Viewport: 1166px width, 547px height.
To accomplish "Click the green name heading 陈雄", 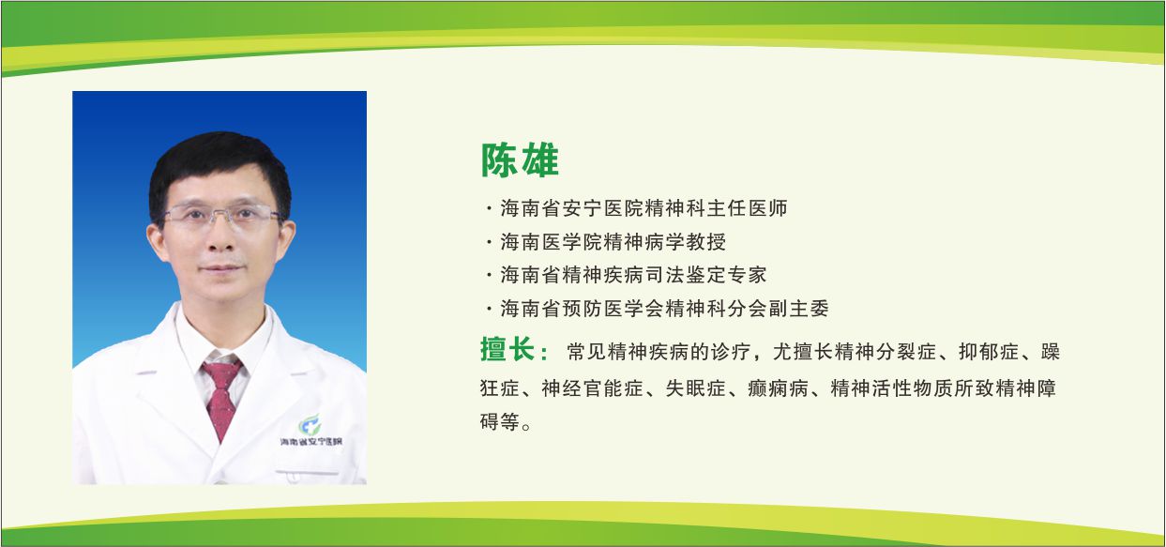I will [x=520, y=160].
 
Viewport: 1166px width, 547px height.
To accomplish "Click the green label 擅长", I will [x=514, y=352].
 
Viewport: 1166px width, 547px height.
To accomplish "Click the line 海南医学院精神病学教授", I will [x=613, y=242].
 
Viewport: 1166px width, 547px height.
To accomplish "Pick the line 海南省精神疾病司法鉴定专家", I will [x=633, y=275].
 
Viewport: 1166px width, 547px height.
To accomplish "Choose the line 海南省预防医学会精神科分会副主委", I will [x=664, y=308].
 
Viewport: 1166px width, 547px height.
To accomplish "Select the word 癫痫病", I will [x=779, y=388].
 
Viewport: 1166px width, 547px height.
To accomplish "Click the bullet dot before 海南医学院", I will [x=489, y=243].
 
